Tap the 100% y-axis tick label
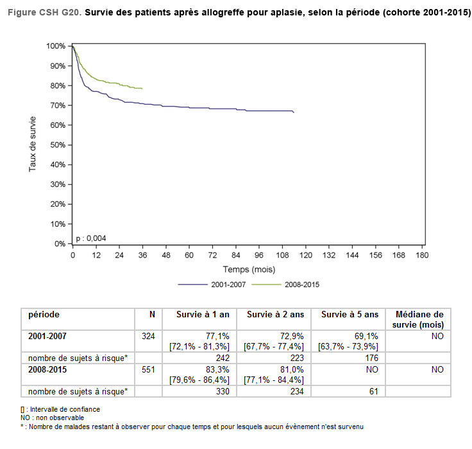[56, 46]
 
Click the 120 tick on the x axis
[306, 255]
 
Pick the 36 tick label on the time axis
[142, 255]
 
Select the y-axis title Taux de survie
[32, 144]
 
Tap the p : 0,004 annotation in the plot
[91, 238]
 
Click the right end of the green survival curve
[142, 88]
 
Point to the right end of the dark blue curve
[294, 112]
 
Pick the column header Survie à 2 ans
[275, 315]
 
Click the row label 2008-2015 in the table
[47, 369]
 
